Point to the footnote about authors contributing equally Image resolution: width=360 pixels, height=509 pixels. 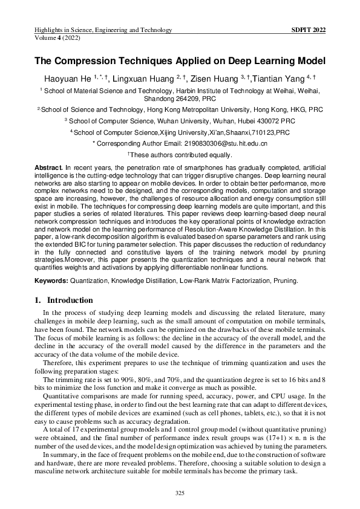pyautogui.click(x=180, y=155)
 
